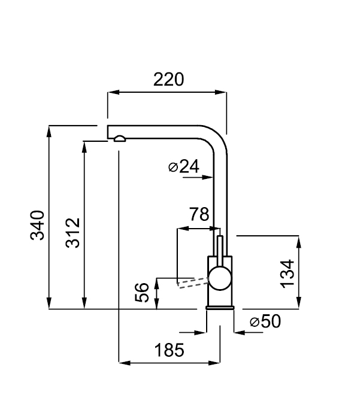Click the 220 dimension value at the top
click(x=168, y=79)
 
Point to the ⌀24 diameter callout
click(x=184, y=167)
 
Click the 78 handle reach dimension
click(x=198, y=214)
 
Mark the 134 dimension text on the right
click(x=288, y=274)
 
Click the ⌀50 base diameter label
click(x=265, y=322)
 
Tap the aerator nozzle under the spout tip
click(x=119, y=139)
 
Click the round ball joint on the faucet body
click(x=219, y=279)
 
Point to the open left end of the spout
click(x=108, y=132)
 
